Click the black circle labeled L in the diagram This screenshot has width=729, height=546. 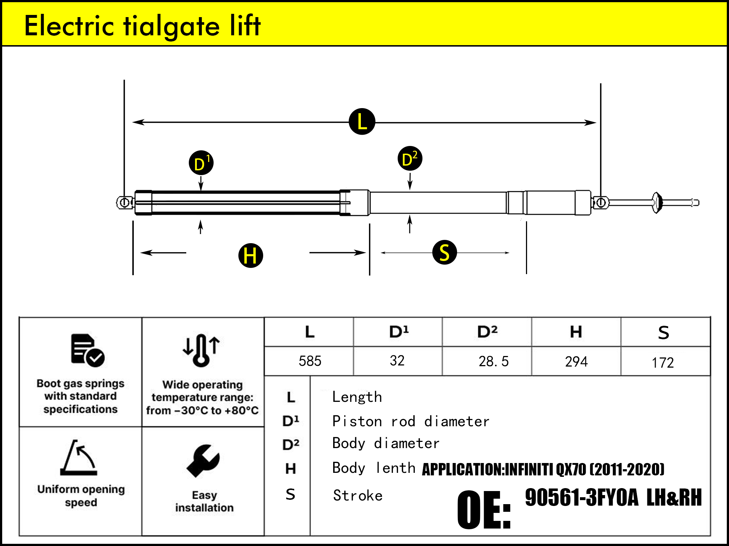click(x=362, y=122)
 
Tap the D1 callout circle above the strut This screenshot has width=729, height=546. click(x=201, y=163)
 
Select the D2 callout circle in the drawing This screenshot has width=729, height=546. click(x=410, y=159)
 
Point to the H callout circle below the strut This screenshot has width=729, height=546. click(x=250, y=256)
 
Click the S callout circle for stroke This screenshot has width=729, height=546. click(x=444, y=252)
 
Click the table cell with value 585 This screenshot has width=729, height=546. click(x=310, y=361)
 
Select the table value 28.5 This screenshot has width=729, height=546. click(x=493, y=361)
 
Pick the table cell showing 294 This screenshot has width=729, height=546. click(x=576, y=362)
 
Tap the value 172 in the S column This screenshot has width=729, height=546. click(x=663, y=363)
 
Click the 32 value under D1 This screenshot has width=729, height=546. click(x=397, y=361)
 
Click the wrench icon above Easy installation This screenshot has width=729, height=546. click(x=203, y=460)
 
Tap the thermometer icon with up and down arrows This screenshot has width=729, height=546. click(x=201, y=350)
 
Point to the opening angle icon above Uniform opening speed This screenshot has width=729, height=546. click(x=79, y=458)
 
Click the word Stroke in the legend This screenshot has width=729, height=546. click(x=358, y=496)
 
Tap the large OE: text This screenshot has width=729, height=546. click(x=484, y=510)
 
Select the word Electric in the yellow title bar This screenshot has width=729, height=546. click(x=69, y=26)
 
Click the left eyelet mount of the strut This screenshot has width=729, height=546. click(x=124, y=202)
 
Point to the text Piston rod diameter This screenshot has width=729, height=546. click(x=410, y=422)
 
